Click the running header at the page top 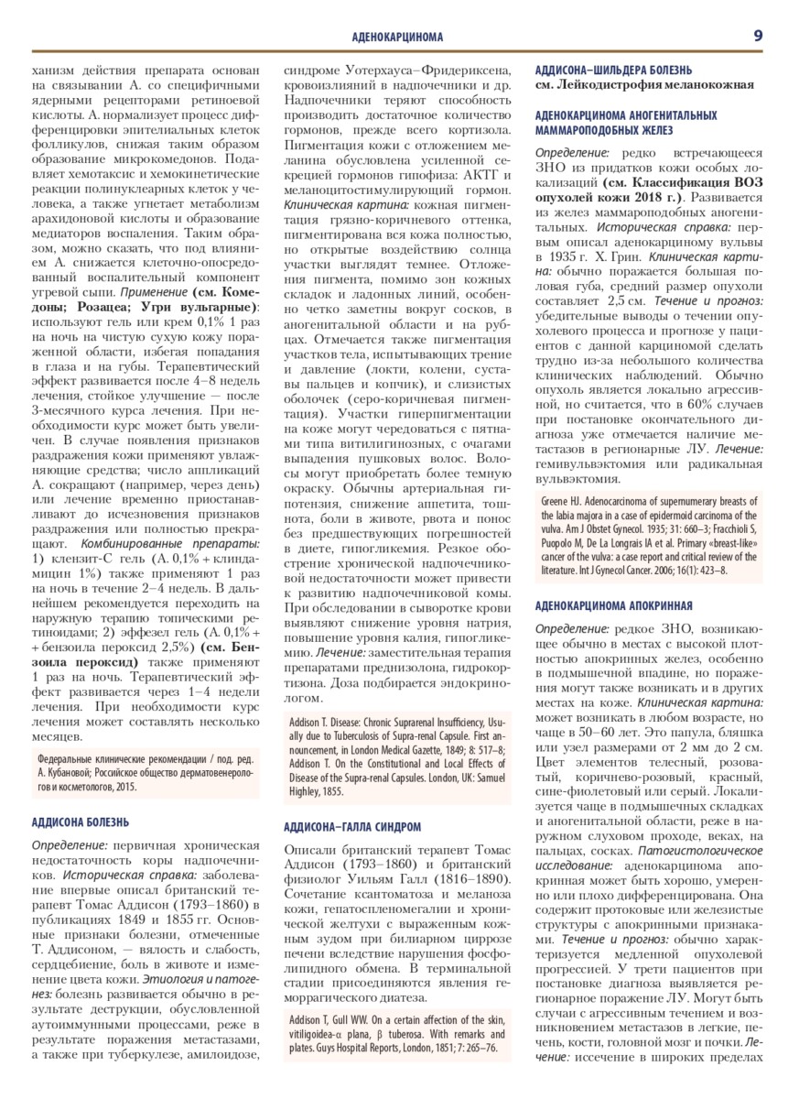(397, 37)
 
